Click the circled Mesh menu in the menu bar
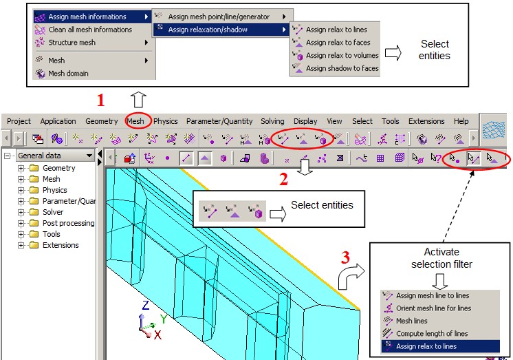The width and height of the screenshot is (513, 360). coord(135,121)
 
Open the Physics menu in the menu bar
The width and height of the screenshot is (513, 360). coord(166,121)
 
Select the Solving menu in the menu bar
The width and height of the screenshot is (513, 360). coord(272,121)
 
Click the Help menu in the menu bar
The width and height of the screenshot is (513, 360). coord(461,121)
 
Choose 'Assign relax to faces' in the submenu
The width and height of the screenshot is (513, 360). coord(338,43)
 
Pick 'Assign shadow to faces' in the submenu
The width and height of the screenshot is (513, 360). coord(342,68)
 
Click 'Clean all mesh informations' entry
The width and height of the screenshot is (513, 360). coord(90,30)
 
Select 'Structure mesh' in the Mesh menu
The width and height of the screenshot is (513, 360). coord(72,43)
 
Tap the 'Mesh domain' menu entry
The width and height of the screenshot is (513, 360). coord(68,74)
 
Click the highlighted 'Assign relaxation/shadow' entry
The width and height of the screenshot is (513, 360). coord(208,30)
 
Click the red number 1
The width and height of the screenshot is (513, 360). coord(101,100)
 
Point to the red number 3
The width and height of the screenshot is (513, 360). coord(345,257)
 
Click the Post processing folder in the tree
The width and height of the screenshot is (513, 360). coord(68,223)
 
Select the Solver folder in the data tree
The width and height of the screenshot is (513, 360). coord(53,212)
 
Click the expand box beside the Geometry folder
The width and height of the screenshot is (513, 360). coord(21,168)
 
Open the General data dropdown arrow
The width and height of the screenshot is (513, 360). coord(89,156)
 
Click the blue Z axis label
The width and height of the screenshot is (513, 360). coord(146,305)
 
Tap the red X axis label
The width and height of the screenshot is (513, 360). coord(157,335)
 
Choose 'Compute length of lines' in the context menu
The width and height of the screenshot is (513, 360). coord(432,333)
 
